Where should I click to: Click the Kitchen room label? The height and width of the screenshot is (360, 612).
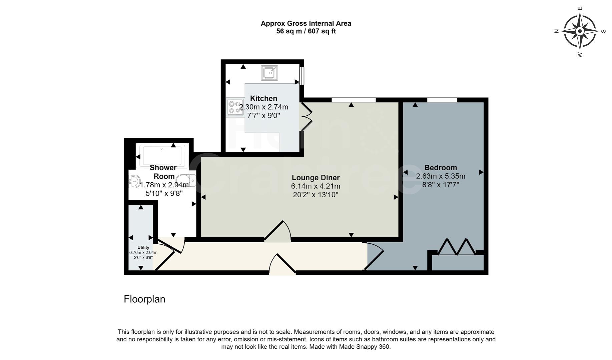[x=263, y=98]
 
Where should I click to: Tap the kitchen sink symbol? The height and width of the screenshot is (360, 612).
[x=269, y=73]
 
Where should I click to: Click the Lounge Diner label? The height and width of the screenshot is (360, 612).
[x=316, y=178]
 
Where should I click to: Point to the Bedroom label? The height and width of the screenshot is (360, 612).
[x=441, y=168]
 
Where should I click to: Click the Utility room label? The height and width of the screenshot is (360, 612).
[x=143, y=247]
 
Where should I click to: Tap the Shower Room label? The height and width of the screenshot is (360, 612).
[x=163, y=172]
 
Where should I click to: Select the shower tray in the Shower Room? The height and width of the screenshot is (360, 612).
[x=162, y=155]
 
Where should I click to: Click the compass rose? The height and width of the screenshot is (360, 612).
[x=580, y=31]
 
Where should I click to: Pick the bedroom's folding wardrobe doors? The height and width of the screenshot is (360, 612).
[x=457, y=247]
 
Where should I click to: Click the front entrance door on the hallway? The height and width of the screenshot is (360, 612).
[x=282, y=265]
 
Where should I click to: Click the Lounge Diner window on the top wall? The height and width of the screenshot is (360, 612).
[x=354, y=100]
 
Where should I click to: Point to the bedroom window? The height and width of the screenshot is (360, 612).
[x=442, y=100]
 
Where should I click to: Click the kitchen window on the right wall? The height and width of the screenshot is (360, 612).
[x=302, y=76]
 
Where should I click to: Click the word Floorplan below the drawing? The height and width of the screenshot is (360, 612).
[x=144, y=299]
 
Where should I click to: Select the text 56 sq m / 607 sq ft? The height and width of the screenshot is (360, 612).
[x=306, y=32]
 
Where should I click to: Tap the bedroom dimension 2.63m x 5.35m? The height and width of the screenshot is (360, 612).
[x=441, y=176]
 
